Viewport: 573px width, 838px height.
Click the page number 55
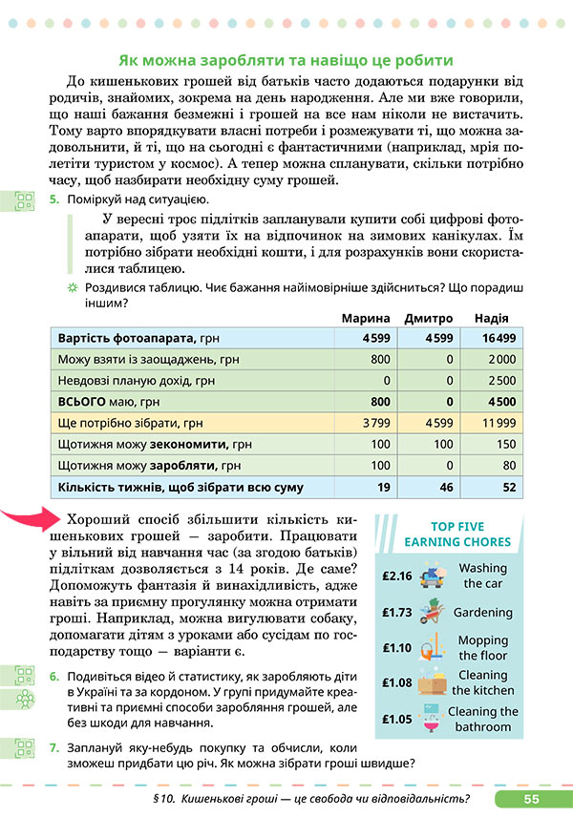[532, 799]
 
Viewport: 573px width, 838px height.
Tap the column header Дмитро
[427, 318]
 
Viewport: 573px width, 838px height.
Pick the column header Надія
[491, 318]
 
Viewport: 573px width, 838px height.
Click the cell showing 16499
[499, 338]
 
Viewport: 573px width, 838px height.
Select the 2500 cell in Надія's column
[501, 380]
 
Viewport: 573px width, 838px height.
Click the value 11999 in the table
[499, 423]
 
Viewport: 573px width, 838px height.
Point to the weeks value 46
[444, 487]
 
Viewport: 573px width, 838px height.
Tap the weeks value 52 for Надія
[508, 487]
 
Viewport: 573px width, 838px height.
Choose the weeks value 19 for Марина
[384, 487]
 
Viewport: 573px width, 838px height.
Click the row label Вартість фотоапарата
[128, 338]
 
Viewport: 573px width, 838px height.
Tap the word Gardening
[482, 613]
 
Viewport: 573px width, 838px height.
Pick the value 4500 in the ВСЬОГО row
[501, 401]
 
